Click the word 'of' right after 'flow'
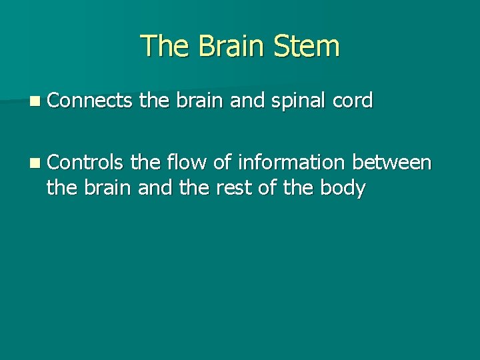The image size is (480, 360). pos(221,161)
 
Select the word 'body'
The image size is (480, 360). pos(342,189)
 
